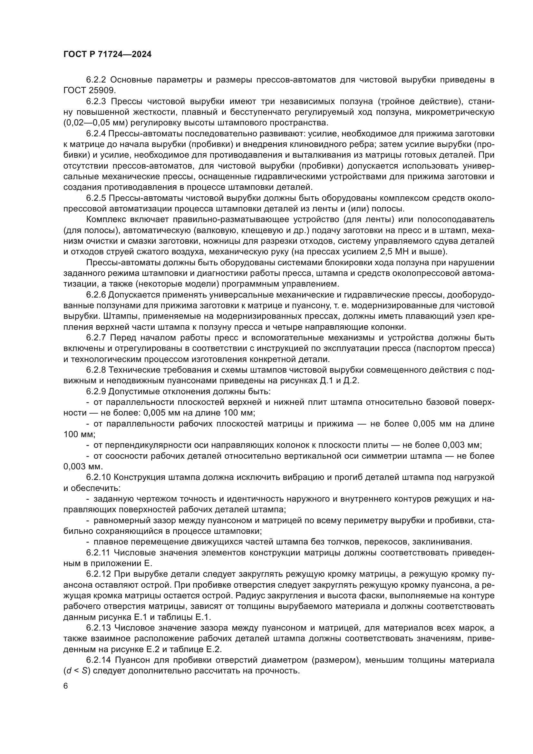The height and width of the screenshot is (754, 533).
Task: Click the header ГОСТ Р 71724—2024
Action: [x=107, y=54]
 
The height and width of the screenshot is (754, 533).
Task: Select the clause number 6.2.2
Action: [x=96, y=80]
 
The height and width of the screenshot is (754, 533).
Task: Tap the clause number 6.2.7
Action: [x=96, y=338]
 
